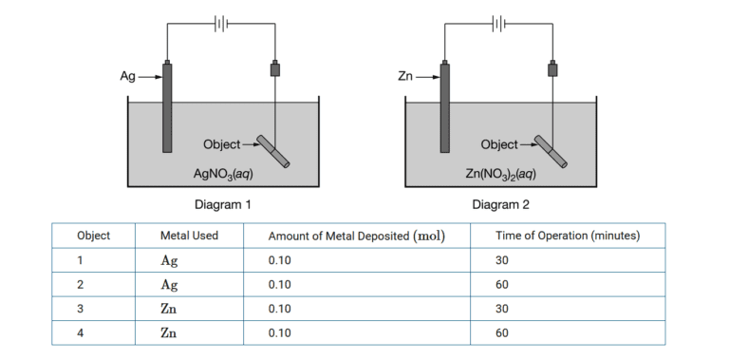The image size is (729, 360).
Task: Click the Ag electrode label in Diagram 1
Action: point(127,77)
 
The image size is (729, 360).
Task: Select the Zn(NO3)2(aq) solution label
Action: point(501,175)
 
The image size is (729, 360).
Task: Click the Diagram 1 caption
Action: point(222,204)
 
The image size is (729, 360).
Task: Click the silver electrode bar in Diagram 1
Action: point(168,106)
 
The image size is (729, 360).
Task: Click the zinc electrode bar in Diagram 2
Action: point(445,106)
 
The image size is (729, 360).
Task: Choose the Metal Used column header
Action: point(190,236)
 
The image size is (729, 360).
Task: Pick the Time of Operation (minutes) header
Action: point(568,236)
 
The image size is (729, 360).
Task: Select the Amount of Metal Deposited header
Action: point(357,236)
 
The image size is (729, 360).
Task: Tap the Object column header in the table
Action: point(93,236)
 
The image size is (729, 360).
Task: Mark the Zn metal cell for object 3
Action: point(170,309)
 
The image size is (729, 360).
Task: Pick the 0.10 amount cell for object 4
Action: point(281,333)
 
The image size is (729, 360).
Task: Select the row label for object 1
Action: point(81,259)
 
